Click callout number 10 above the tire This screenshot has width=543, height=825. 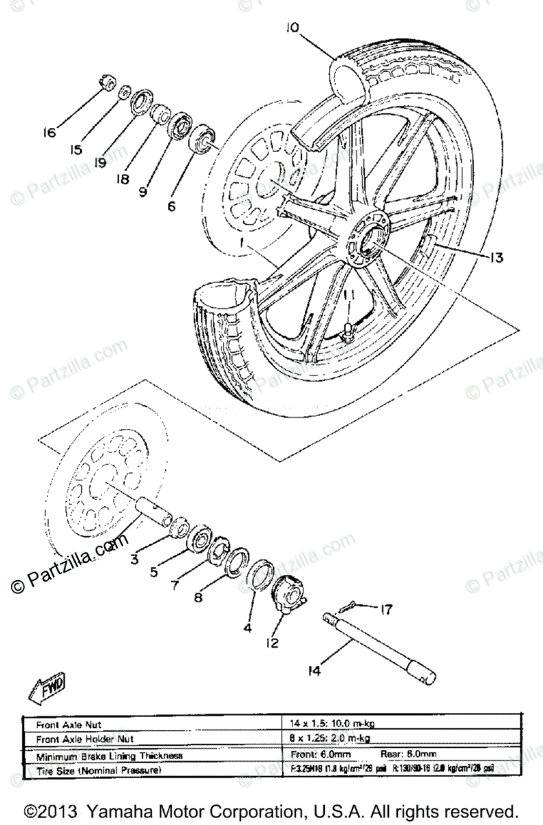click(x=291, y=28)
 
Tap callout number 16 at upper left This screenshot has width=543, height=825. click(x=49, y=133)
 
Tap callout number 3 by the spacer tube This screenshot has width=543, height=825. click(x=135, y=559)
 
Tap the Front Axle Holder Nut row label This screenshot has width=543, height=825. click(x=86, y=739)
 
